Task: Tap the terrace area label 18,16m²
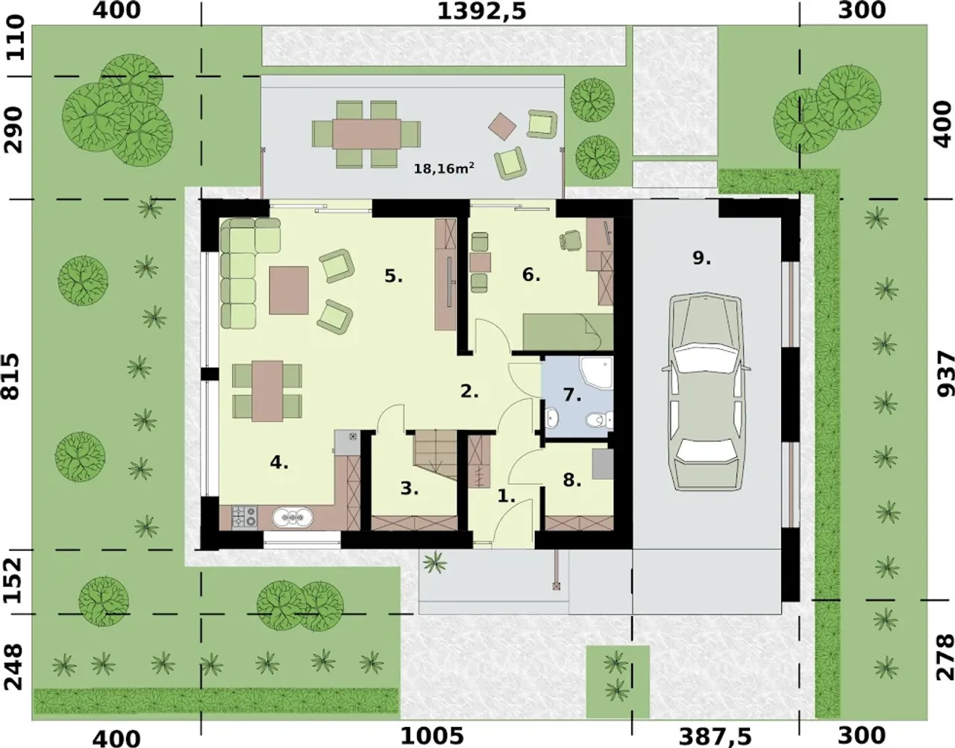444,168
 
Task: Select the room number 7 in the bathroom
572,395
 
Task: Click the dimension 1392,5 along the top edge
482,11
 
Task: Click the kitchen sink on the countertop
292,517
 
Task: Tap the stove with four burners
245,517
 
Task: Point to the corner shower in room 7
596,373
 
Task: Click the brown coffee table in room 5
289,290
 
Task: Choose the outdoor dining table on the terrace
366,134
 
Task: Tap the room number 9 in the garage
701,258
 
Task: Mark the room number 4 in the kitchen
279,462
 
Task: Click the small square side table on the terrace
502,126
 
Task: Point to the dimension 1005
433,735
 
